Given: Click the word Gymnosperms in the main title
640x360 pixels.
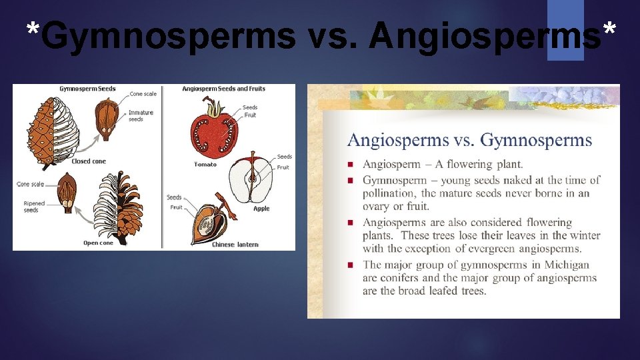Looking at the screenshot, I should pyautogui.click(x=167, y=35).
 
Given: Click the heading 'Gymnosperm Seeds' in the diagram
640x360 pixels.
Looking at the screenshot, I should pyautogui.click(x=87, y=89).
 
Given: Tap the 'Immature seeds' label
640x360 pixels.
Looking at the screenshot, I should pyautogui.click(x=141, y=116).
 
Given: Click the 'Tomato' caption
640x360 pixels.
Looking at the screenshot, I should pyautogui.click(x=205, y=164).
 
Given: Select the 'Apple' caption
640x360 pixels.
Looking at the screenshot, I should pyautogui.click(x=261, y=209).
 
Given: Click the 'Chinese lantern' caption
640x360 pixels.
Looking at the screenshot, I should pyautogui.click(x=235, y=245).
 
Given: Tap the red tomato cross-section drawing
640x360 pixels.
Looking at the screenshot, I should pyautogui.click(x=213, y=135).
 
